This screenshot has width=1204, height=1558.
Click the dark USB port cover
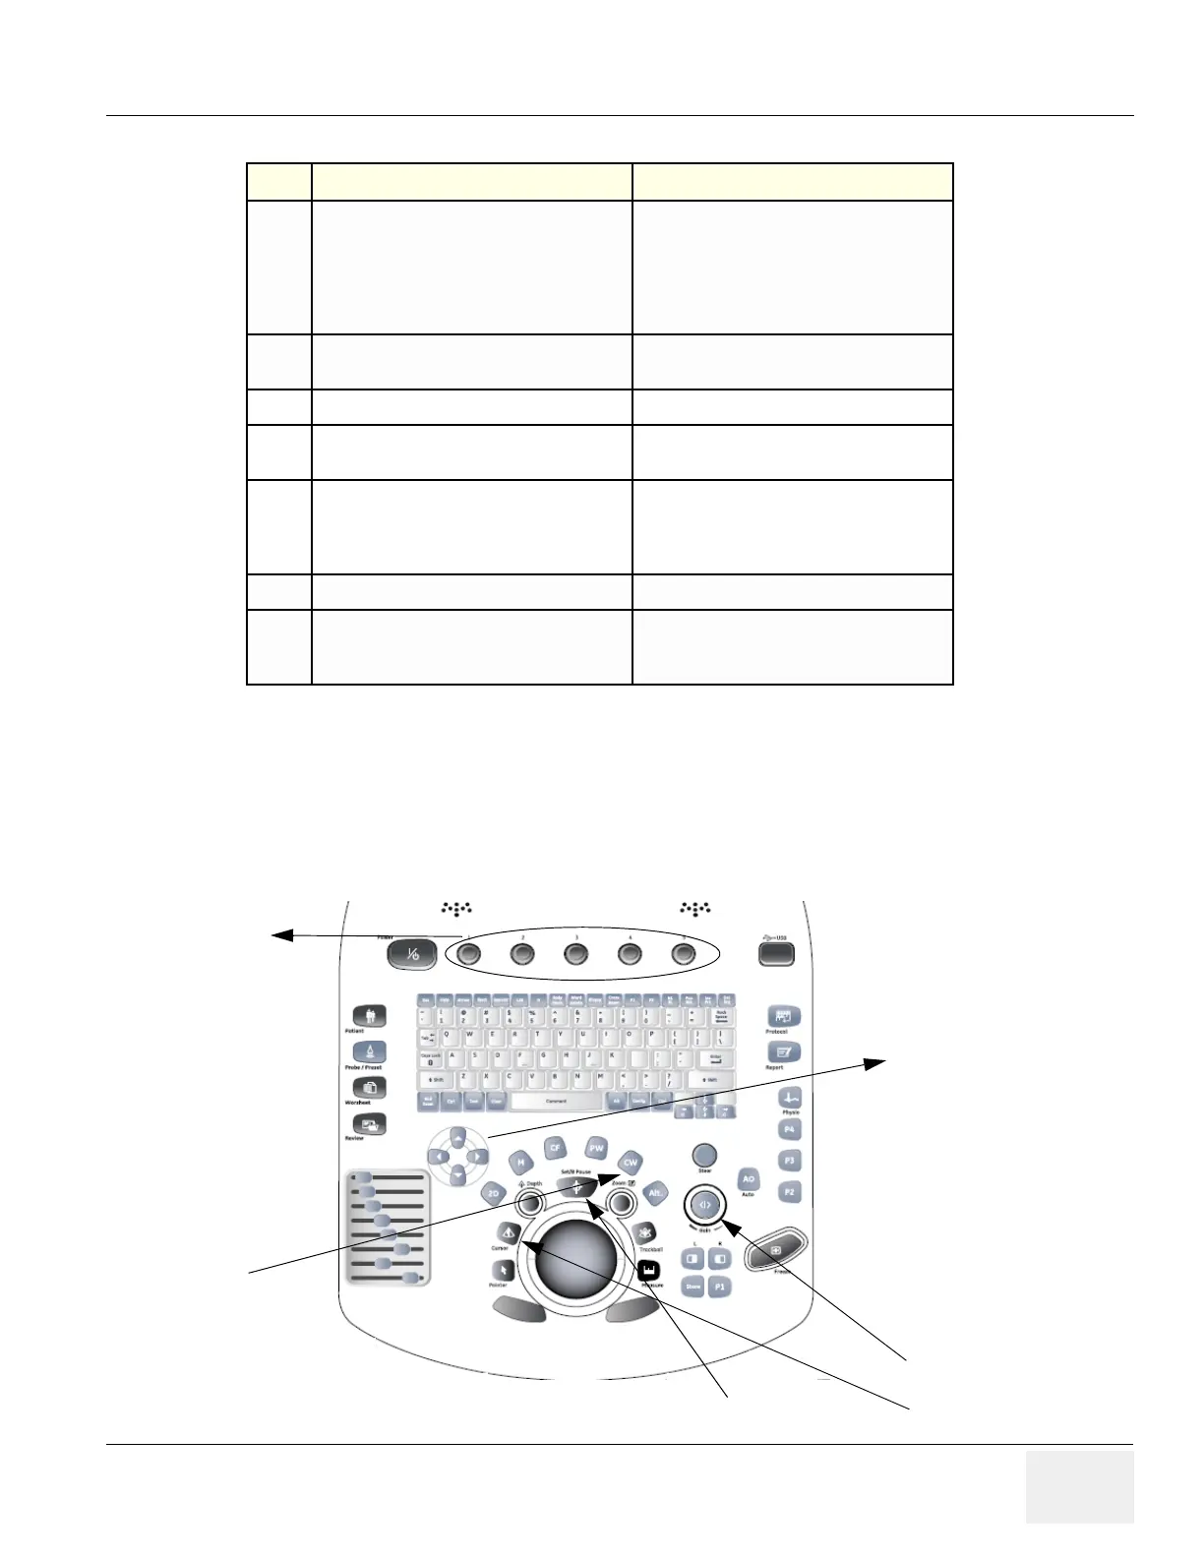click(x=776, y=953)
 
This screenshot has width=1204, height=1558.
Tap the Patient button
click(x=370, y=1016)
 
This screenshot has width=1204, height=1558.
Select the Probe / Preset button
click(x=370, y=1052)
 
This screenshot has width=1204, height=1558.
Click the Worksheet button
click(x=370, y=1088)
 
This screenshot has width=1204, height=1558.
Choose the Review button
click(x=370, y=1124)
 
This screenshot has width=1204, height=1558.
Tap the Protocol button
click(x=783, y=1017)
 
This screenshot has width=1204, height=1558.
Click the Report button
click(x=783, y=1052)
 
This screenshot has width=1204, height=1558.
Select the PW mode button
click(x=596, y=1149)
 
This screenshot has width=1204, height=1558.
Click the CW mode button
click(x=631, y=1163)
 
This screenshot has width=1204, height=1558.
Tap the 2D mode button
click(x=494, y=1193)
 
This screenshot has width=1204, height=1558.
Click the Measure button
click(x=648, y=1272)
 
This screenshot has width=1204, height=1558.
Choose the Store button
click(x=693, y=1287)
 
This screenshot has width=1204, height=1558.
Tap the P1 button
click(x=720, y=1287)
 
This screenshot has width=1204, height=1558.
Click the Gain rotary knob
click(x=704, y=1204)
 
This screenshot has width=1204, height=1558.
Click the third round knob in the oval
click(x=575, y=953)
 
